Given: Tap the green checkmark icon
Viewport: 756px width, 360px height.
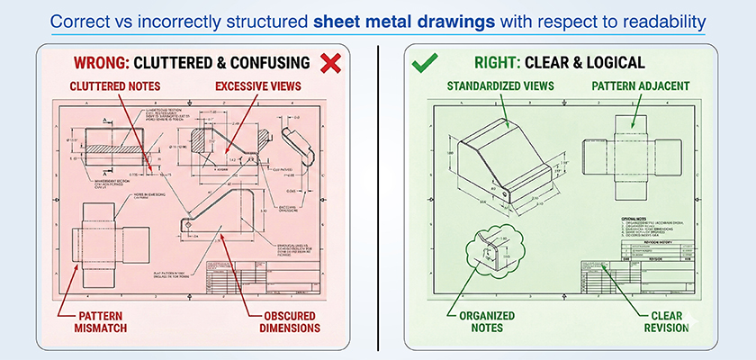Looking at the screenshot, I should click(x=424, y=63).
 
